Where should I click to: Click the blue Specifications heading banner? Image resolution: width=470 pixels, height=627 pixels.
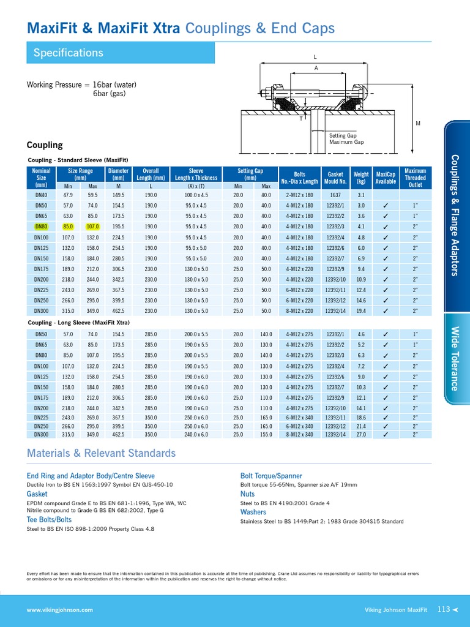click(x=120, y=53)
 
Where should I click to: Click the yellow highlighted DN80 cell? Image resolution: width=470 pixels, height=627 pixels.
click(x=42, y=227)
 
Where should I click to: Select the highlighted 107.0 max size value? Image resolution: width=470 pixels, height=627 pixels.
click(x=93, y=227)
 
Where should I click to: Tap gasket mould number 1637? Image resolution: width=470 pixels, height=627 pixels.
click(x=336, y=195)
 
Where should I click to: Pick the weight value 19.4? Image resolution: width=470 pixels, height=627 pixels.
click(x=361, y=311)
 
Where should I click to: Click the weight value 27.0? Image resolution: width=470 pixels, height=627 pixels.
click(x=361, y=435)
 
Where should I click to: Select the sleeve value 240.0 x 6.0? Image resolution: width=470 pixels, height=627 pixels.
click(x=196, y=435)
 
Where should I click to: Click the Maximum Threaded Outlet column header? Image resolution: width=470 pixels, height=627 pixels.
click(x=416, y=178)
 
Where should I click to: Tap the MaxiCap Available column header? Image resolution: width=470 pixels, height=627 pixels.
click(x=386, y=178)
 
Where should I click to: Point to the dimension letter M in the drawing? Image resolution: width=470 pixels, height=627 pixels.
click(x=418, y=124)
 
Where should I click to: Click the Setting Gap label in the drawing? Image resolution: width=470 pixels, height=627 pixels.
click(x=343, y=135)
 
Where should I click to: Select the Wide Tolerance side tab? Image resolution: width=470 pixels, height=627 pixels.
click(x=454, y=358)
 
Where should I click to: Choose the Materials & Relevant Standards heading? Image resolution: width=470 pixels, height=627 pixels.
click(x=101, y=454)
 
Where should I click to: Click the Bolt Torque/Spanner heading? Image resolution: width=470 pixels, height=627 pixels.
click(x=272, y=476)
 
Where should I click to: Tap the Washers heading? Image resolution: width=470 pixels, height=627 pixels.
click(x=253, y=512)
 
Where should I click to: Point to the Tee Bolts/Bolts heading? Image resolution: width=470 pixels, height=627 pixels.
click(x=49, y=519)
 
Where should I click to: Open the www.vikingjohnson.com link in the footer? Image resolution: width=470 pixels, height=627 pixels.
click(x=60, y=610)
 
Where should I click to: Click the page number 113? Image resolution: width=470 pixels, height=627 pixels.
click(x=444, y=609)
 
